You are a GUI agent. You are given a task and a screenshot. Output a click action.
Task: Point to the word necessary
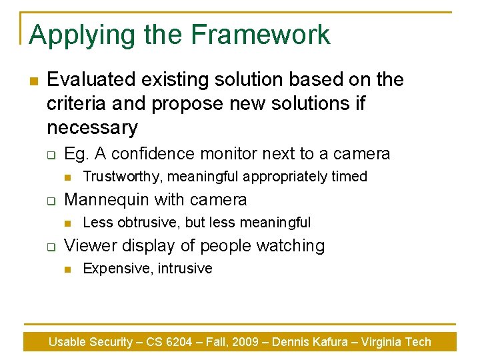[x=92, y=127]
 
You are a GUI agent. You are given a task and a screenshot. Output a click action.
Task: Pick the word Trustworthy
[x=121, y=177]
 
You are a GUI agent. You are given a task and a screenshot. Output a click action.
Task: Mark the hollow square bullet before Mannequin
[x=50, y=201]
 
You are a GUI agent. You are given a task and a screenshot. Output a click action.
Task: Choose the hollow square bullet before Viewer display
[x=50, y=247]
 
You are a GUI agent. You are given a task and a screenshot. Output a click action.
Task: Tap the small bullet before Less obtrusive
[x=67, y=223]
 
